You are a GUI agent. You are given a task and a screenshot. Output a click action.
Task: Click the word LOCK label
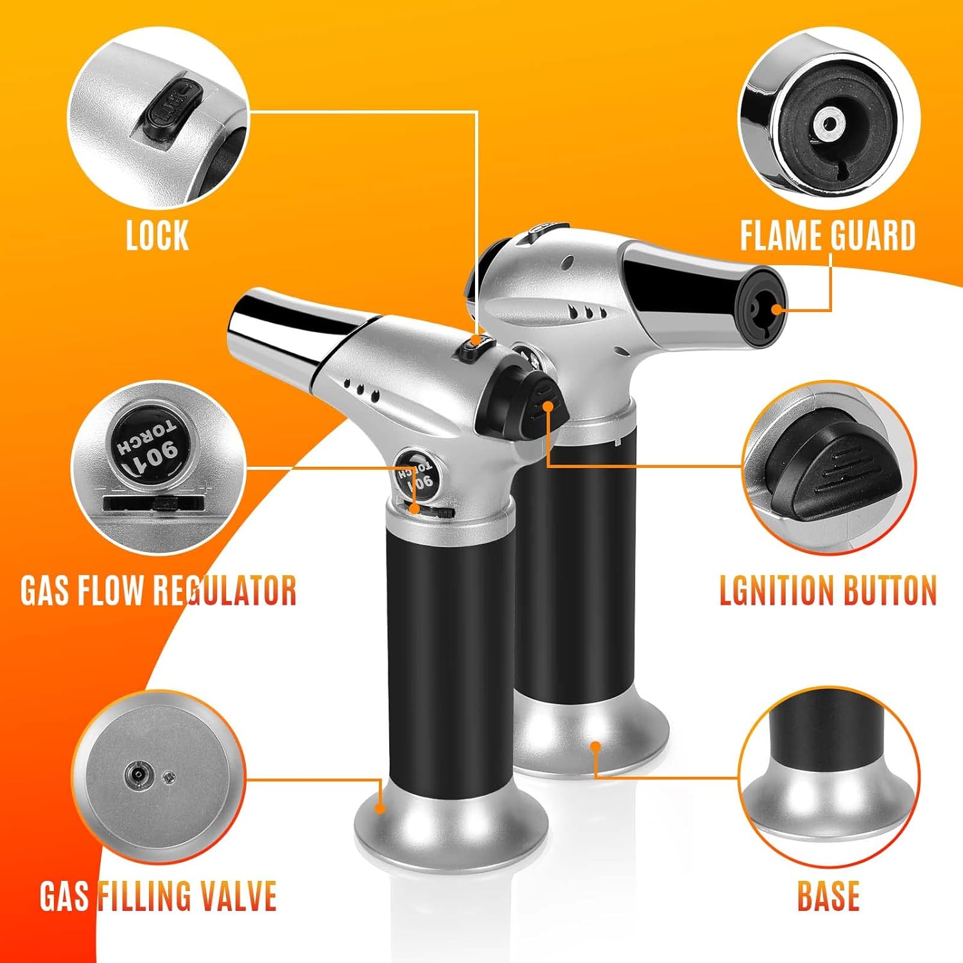(157, 236)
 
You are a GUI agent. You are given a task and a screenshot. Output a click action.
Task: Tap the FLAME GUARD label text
(828, 236)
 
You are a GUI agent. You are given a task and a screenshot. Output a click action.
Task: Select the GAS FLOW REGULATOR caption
(158, 591)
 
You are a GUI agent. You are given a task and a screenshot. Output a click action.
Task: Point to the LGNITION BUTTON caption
(828, 591)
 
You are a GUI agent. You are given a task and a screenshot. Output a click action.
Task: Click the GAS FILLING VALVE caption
(158, 896)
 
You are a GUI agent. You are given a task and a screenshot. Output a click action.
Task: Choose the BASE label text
(828, 896)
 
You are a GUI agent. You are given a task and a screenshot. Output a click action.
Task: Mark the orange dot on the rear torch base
(596, 746)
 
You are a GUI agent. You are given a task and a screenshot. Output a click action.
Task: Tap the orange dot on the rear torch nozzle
(777, 309)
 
